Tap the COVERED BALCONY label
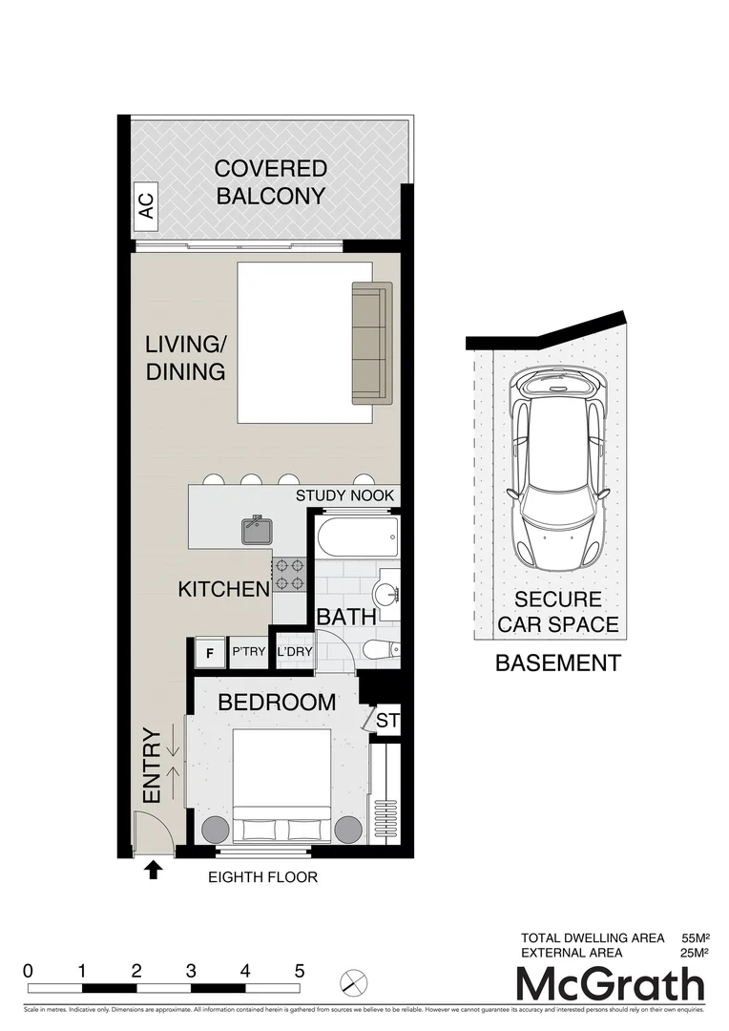pyautogui.click(x=270, y=182)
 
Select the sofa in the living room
pyautogui.click(x=371, y=342)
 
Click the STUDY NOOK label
pyautogui.click(x=345, y=495)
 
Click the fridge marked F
pyautogui.click(x=208, y=653)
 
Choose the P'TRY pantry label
pyautogui.click(x=248, y=653)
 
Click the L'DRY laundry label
pyautogui.click(x=295, y=653)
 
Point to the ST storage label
pyautogui.click(x=387, y=721)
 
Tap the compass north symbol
pyautogui.click(x=353, y=980)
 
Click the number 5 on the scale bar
pyautogui.click(x=300, y=970)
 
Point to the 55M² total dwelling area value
pyautogui.click(x=694, y=937)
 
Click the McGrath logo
pyautogui.click(x=610, y=984)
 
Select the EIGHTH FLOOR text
pyautogui.click(x=263, y=876)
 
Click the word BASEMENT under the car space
pyautogui.click(x=557, y=663)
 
